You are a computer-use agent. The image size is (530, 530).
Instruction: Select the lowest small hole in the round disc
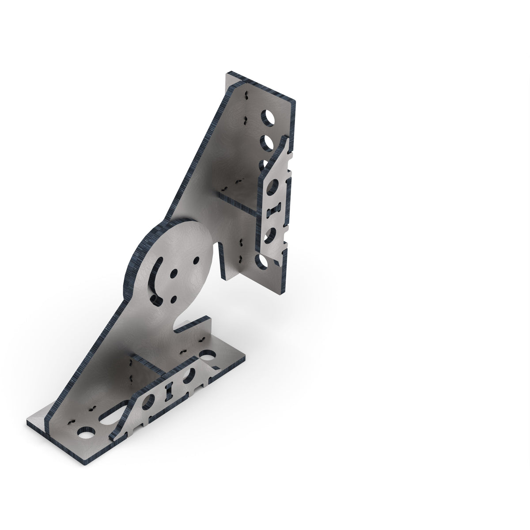173,297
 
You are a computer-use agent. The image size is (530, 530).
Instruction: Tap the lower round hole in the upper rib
269,234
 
